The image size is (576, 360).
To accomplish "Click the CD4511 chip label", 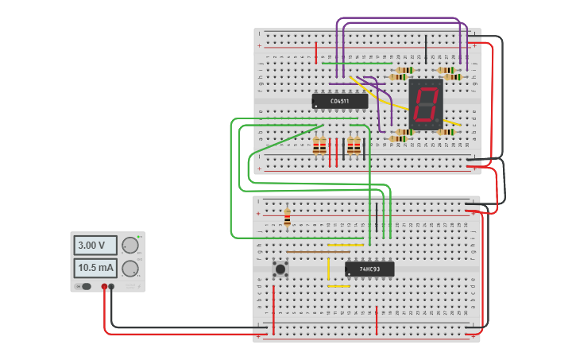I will pyautogui.click(x=340, y=101).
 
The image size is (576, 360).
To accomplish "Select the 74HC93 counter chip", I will pyautogui.click(x=369, y=269).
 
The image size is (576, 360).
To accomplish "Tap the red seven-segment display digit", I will pyautogui.click(x=425, y=104).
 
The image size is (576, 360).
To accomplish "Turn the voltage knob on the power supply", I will pyautogui.click(x=130, y=246).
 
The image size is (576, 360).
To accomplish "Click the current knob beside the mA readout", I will pyautogui.click(x=130, y=268).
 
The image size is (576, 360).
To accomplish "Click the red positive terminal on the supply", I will pyautogui.click(x=104, y=286).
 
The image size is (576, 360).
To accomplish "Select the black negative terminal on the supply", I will pyautogui.click(x=111, y=286).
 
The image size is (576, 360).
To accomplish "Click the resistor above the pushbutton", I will pyautogui.click(x=287, y=217).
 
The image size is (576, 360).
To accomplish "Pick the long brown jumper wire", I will pyautogui.click(x=318, y=252).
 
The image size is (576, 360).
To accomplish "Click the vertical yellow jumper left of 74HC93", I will pyautogui.click(x=328, y=268).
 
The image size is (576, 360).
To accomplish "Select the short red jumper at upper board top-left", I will pyautogui.click(x=316, y=52).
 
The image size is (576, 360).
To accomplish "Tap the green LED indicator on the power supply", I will pyautogui.click(x=139, y=237).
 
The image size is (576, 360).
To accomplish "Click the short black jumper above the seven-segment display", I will pyautogui.click(x=426, y=48).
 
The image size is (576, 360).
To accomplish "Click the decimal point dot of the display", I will pyautogui.click(x=439, y=122).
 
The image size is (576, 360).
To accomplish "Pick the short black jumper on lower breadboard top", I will pyautogui.click(x=377, y=216).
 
